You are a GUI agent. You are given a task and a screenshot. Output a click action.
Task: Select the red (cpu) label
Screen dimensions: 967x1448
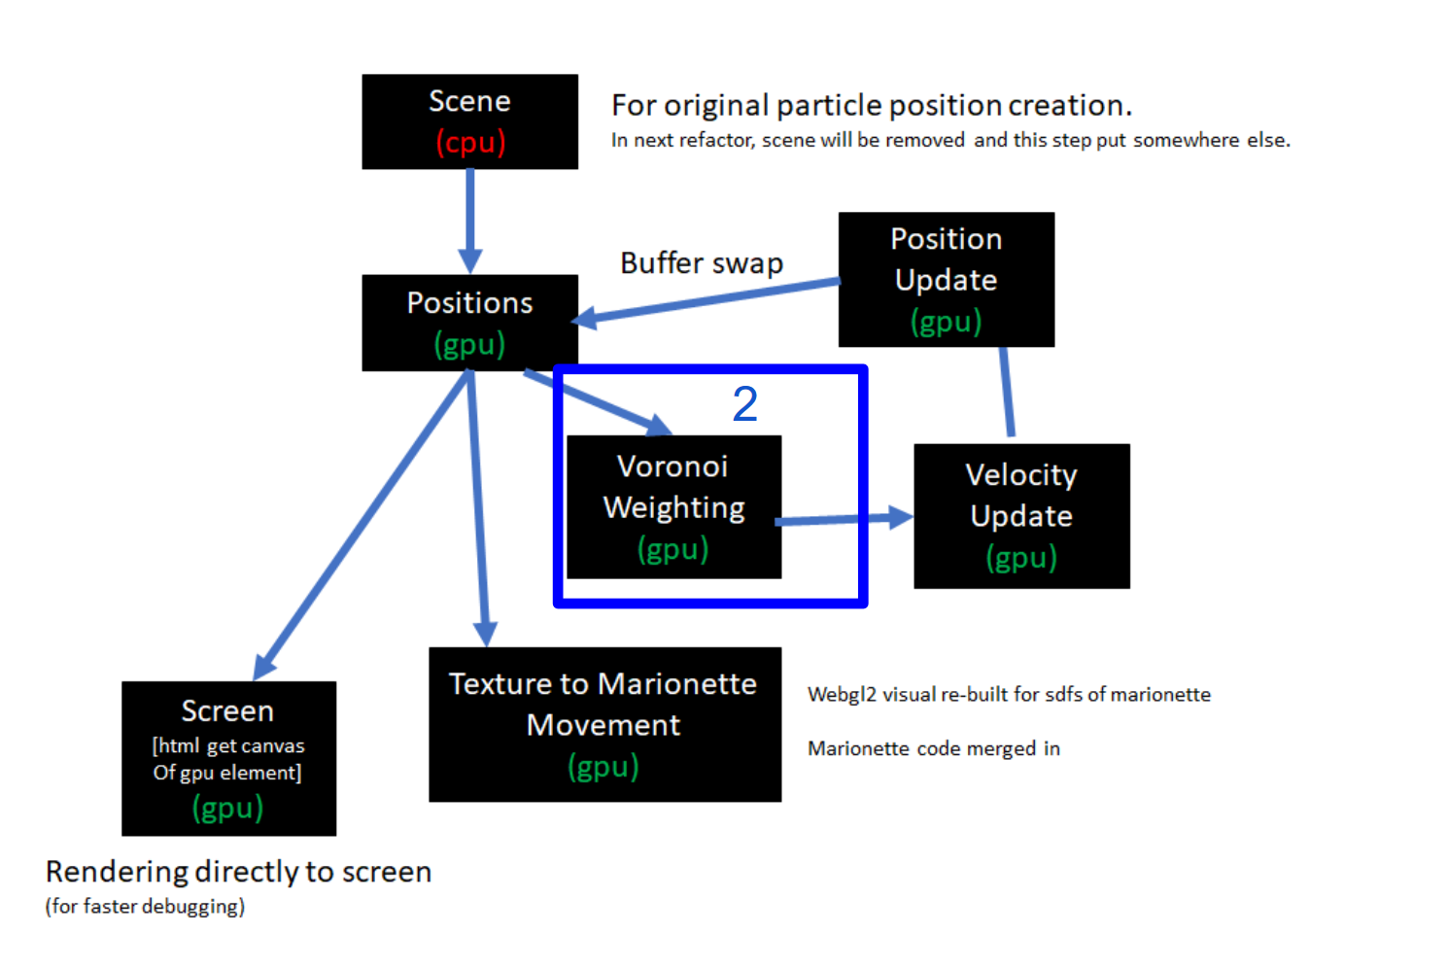470,143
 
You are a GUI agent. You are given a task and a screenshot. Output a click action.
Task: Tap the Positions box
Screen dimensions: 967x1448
469,323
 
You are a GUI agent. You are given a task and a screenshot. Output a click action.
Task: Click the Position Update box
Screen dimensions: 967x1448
946,280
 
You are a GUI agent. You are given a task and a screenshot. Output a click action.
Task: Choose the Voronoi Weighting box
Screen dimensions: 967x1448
673,507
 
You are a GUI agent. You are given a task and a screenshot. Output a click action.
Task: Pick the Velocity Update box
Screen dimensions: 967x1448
1021,516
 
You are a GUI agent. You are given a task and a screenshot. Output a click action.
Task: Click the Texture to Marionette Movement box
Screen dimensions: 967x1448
604,725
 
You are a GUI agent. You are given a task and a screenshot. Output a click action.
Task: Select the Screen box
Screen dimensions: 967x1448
228,758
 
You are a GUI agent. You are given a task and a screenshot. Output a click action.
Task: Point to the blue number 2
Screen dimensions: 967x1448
745,403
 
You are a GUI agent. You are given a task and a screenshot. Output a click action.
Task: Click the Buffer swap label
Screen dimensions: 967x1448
702,263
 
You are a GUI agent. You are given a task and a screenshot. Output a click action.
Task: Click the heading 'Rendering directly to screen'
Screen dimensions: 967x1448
238,872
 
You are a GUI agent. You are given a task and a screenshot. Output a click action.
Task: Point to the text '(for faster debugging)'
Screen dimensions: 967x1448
145,907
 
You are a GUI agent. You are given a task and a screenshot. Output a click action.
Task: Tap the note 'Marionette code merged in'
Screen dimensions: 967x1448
933,748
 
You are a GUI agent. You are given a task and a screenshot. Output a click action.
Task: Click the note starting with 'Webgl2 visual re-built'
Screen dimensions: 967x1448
1009,695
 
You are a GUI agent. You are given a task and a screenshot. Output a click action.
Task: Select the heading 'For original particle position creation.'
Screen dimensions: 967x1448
872,105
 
